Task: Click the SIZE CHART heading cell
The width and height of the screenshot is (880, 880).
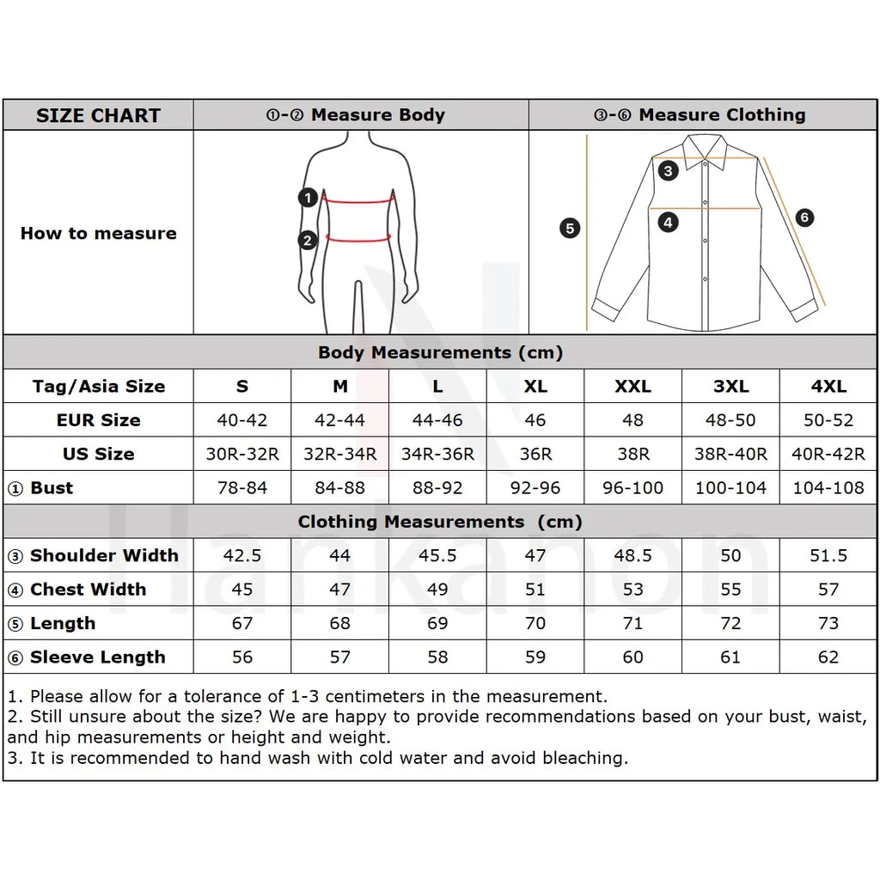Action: point(98,115)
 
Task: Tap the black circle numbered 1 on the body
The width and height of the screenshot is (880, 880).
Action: point(309,198)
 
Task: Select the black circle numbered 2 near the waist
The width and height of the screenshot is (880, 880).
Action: point(309,241)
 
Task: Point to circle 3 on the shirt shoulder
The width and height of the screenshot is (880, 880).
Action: point(669,170)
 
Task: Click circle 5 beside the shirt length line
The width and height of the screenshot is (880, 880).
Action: point(570,229)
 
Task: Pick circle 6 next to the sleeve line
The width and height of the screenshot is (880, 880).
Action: point(804,217)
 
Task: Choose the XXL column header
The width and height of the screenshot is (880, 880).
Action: point(632,386)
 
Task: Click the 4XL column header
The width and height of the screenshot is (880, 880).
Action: point(828,386)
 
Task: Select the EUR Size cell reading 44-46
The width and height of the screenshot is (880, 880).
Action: point(437,420)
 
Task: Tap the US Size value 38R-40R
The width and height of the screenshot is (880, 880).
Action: point(730,454)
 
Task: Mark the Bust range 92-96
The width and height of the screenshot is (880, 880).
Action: point(535,488)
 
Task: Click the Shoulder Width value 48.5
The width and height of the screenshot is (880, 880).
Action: point(632,555)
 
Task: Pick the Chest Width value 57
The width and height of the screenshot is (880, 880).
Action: point(828,590)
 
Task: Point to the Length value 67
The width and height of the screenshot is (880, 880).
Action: point(242,623)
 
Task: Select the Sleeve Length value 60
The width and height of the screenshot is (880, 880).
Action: point(632,657)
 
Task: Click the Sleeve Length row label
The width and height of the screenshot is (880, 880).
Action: point(97,657)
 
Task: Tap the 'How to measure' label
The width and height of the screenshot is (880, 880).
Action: point(98,233)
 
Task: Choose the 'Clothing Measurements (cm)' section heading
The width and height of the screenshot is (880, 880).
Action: point(440,522)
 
